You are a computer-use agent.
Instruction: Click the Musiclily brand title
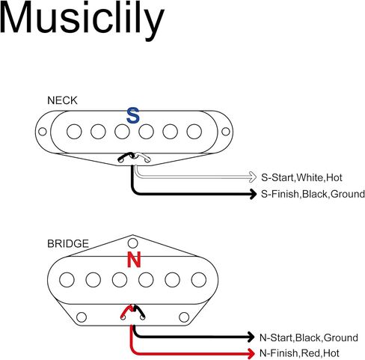click(82, 20)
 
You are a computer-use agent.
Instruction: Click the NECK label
click(62, 100)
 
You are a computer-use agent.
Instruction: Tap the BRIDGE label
click(68, 243)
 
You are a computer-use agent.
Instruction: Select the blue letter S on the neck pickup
click(133, 115)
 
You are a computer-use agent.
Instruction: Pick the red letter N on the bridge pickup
click(134, 260)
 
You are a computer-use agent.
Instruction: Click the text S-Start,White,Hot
click(301, 177)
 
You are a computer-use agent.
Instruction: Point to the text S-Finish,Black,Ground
click(313, 194)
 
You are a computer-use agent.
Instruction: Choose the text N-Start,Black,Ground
click(309, 338)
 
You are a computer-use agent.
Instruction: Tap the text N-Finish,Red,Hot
click(299, 353)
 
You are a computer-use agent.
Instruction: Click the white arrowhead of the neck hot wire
click(252, 177)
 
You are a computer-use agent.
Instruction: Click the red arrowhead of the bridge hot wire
click(251, 353)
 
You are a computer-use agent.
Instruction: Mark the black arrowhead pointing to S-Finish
click(253, 194)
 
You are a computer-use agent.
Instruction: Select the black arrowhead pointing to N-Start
click(251, 337)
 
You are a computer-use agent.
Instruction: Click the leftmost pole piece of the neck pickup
click(74, 132)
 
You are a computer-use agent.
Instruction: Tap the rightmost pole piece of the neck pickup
click(194, 132)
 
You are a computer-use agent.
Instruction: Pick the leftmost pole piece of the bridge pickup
click(67, 280)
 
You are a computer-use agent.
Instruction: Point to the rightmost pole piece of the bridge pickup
click(199, 280)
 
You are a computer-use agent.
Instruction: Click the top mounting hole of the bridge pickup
click(132, 243)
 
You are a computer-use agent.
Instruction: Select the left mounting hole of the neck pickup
click(43, 132)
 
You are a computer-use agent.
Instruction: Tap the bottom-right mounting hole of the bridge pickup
click(184, 317)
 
